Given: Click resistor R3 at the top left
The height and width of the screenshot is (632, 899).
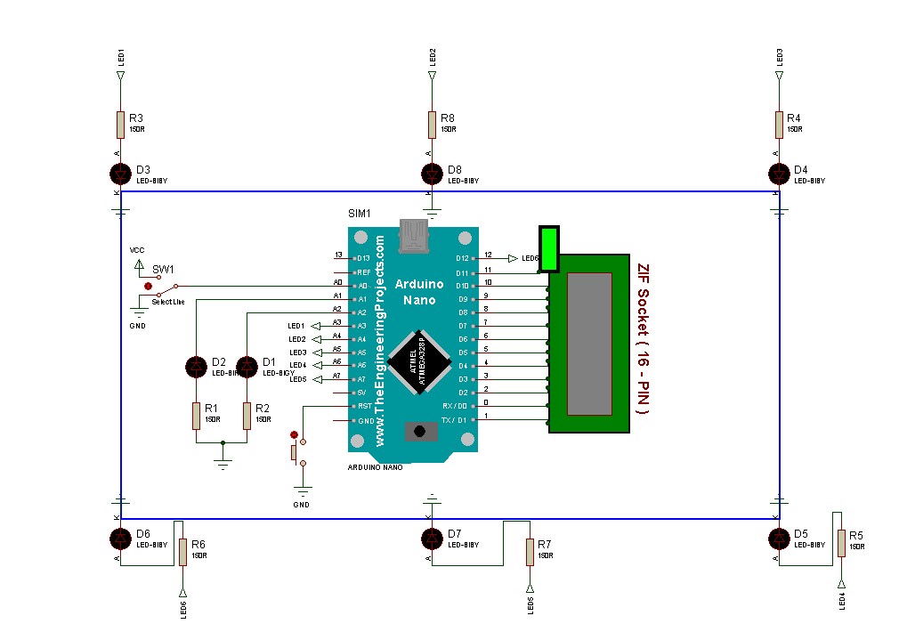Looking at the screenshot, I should (120, 125).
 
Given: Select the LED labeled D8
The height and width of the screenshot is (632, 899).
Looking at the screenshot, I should (432, 172).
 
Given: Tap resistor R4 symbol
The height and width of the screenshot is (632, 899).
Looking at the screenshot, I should (779, 125).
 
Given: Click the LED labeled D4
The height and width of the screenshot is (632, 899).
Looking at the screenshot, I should (779, 172).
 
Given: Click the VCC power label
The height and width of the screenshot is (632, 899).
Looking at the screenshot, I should (136, 251).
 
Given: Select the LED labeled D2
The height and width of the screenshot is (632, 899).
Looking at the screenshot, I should (197, 366).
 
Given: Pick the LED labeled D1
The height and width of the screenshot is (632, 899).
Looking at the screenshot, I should (247, 366).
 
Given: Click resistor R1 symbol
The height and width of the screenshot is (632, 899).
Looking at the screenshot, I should (197, 416).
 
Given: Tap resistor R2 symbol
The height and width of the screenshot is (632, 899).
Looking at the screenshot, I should (247, 416).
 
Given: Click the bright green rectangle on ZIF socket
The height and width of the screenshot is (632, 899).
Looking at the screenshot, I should (549, 248).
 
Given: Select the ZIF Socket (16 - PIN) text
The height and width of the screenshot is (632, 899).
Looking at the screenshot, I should (644, 339).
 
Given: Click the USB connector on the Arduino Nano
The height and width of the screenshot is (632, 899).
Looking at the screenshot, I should (412, 235).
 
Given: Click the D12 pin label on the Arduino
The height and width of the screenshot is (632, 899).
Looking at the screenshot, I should (462, 258).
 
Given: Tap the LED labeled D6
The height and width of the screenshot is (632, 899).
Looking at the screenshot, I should (120, 539).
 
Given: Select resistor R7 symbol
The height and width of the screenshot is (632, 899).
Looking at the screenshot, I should (530, 552).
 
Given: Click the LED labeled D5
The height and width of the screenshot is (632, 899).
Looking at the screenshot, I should (779, 539).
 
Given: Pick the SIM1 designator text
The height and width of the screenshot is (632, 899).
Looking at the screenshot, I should (360, 215).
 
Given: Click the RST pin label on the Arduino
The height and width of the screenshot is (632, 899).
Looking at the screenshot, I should (363, 406).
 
